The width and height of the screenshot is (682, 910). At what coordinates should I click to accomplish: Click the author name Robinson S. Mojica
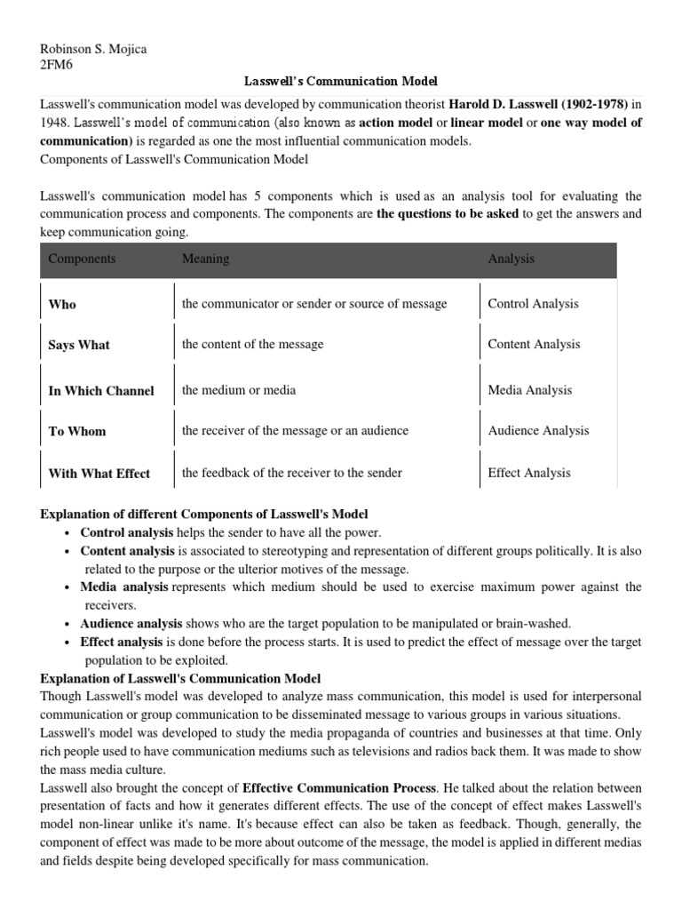(x=94, y=49)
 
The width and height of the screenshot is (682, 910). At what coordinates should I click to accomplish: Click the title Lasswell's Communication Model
(x=341, y=81)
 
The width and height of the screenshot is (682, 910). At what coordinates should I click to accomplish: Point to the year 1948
(x=58, y=123)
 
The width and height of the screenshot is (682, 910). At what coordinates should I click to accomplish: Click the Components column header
(x=82, y=259)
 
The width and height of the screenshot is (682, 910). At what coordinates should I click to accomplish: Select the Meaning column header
(x=205, y=259)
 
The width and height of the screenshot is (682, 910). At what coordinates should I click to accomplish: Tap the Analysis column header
(x=511, y=259)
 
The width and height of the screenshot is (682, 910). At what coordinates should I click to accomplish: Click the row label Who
(x=62, y=304)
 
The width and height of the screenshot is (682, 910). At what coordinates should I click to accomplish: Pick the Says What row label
(x=79, y=345)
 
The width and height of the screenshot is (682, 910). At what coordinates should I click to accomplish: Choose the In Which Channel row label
(x=101, y=391)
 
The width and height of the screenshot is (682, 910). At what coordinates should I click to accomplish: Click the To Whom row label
(x=77, y=431)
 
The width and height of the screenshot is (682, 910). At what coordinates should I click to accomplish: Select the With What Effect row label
(x=99, y=474)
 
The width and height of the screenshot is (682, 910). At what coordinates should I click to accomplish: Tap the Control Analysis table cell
(x=533, y=304)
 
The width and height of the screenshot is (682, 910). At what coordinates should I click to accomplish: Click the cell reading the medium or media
(x=239, y=390)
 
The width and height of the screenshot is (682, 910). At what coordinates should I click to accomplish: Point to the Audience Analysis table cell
(x=538, y=431)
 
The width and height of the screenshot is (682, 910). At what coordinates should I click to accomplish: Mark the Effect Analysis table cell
(x=529, y=473)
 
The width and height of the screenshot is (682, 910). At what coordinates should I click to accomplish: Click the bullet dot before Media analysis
(x=68, y=588)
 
